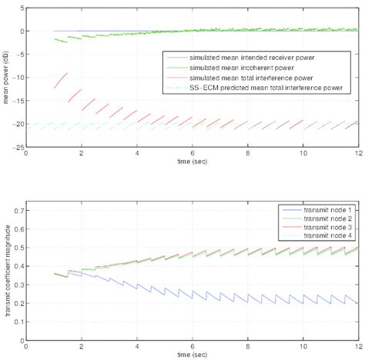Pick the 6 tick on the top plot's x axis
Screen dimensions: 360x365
[x=193, y=154]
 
